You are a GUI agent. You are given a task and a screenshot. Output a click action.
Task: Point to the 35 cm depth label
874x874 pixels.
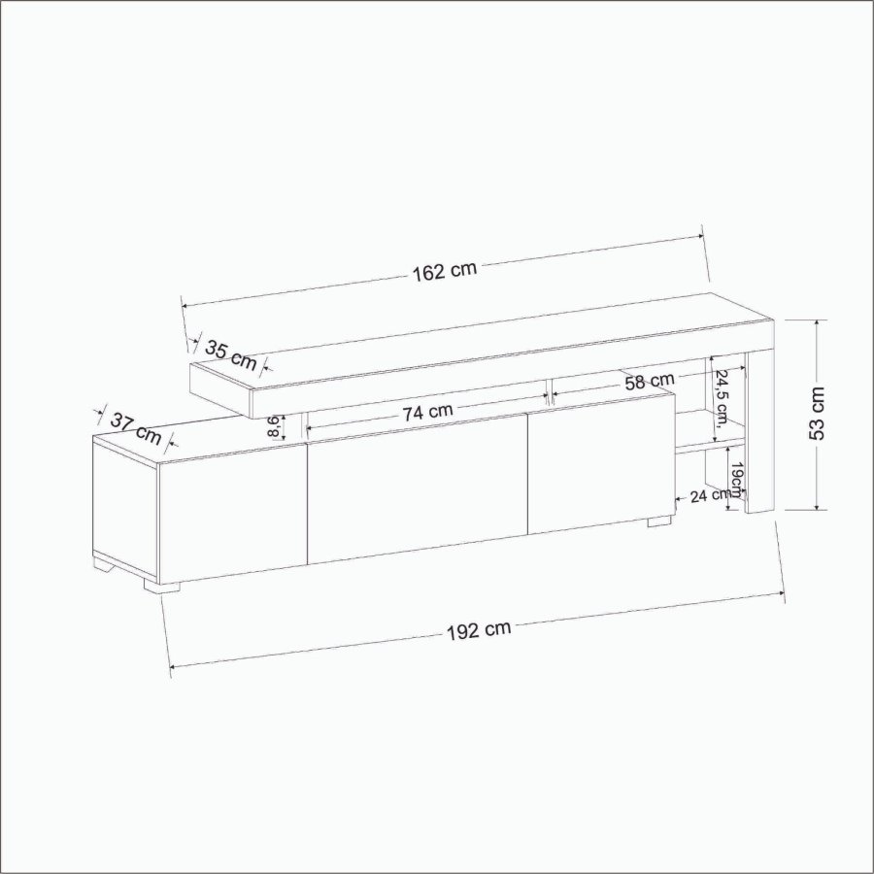click(x=231, y=355)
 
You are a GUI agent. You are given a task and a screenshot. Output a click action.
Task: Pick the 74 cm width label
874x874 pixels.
click(x=427, y=412)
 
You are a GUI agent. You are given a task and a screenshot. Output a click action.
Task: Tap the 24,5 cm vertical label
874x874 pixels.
click(x=722, y=397)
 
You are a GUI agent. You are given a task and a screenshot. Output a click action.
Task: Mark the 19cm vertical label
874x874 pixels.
click(x=736, y=479)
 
